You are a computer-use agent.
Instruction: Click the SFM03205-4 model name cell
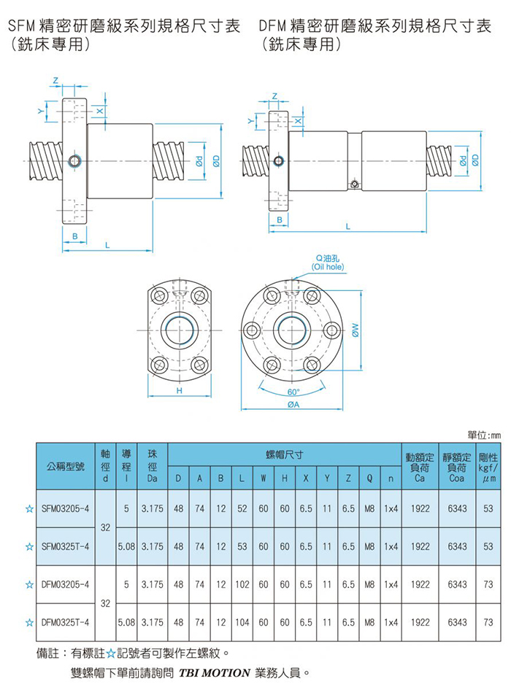tap(66, 508)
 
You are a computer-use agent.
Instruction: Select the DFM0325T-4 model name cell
tap(66, 622)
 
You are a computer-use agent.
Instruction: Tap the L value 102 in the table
tap(242, 584)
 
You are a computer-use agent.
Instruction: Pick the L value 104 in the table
tap(242, 622)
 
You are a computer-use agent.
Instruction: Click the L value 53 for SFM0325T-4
tap(242, 546)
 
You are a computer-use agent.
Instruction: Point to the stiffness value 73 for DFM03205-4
tap(488, 584)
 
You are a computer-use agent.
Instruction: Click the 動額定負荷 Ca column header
tap(420, 467)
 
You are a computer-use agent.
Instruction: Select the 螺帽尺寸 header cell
tap(284, 455)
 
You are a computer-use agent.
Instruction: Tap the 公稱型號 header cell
tap(66, 467)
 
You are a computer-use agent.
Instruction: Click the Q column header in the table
tap(369, 478)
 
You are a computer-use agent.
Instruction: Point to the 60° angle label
tap(293, 392)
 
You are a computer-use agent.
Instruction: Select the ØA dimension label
tap(293, 405)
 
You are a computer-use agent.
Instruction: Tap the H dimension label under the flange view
tap(179, 390)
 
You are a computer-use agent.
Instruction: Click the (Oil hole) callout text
tap(328, 267)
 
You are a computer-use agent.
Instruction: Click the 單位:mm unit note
tap(483, 435)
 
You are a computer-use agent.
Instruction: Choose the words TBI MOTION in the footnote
tap(214, 673)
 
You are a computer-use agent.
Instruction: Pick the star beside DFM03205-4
tap(29, 584)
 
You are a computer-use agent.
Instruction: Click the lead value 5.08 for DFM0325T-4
tap(126, 622)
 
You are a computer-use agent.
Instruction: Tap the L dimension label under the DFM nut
tap(347, 227)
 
